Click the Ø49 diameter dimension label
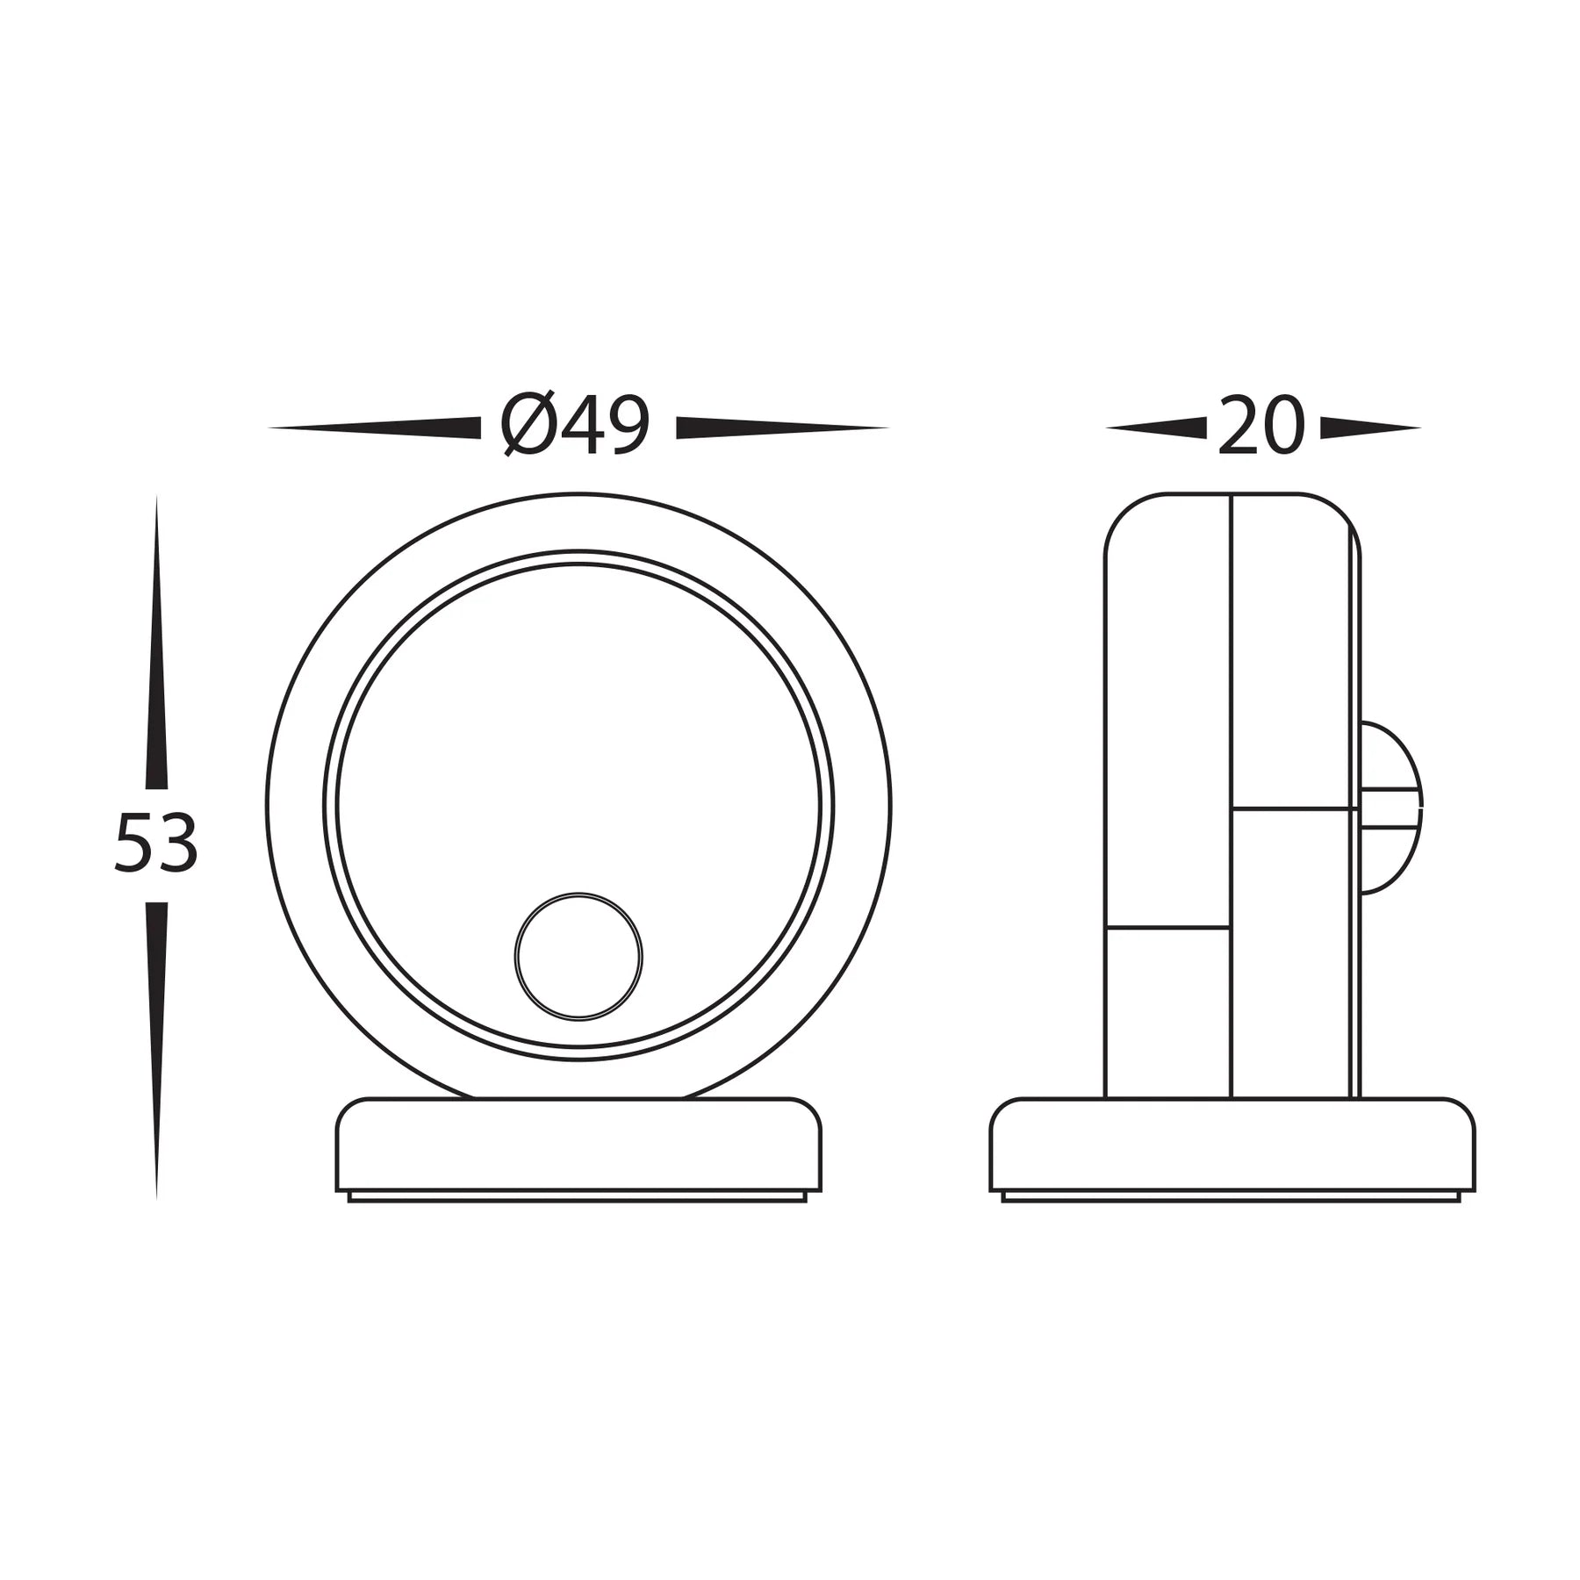[x=576, y=427]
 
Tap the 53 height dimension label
[x=156, y=843]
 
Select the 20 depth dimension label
[x=1261, y=427]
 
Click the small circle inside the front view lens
[x=578, y=957]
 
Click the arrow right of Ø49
[x=781, y=427]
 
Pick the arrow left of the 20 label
[x=1157, y=427]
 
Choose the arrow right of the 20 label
[x=1369, y=427]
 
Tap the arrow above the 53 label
[x=156, y=641]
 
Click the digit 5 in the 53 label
[x=134, y=843]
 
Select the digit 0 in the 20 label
[x=1283, y=427]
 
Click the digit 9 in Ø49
[x=627, y=427]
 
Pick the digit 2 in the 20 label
[x=1238, y=427]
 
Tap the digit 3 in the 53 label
[x=177, y=843]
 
